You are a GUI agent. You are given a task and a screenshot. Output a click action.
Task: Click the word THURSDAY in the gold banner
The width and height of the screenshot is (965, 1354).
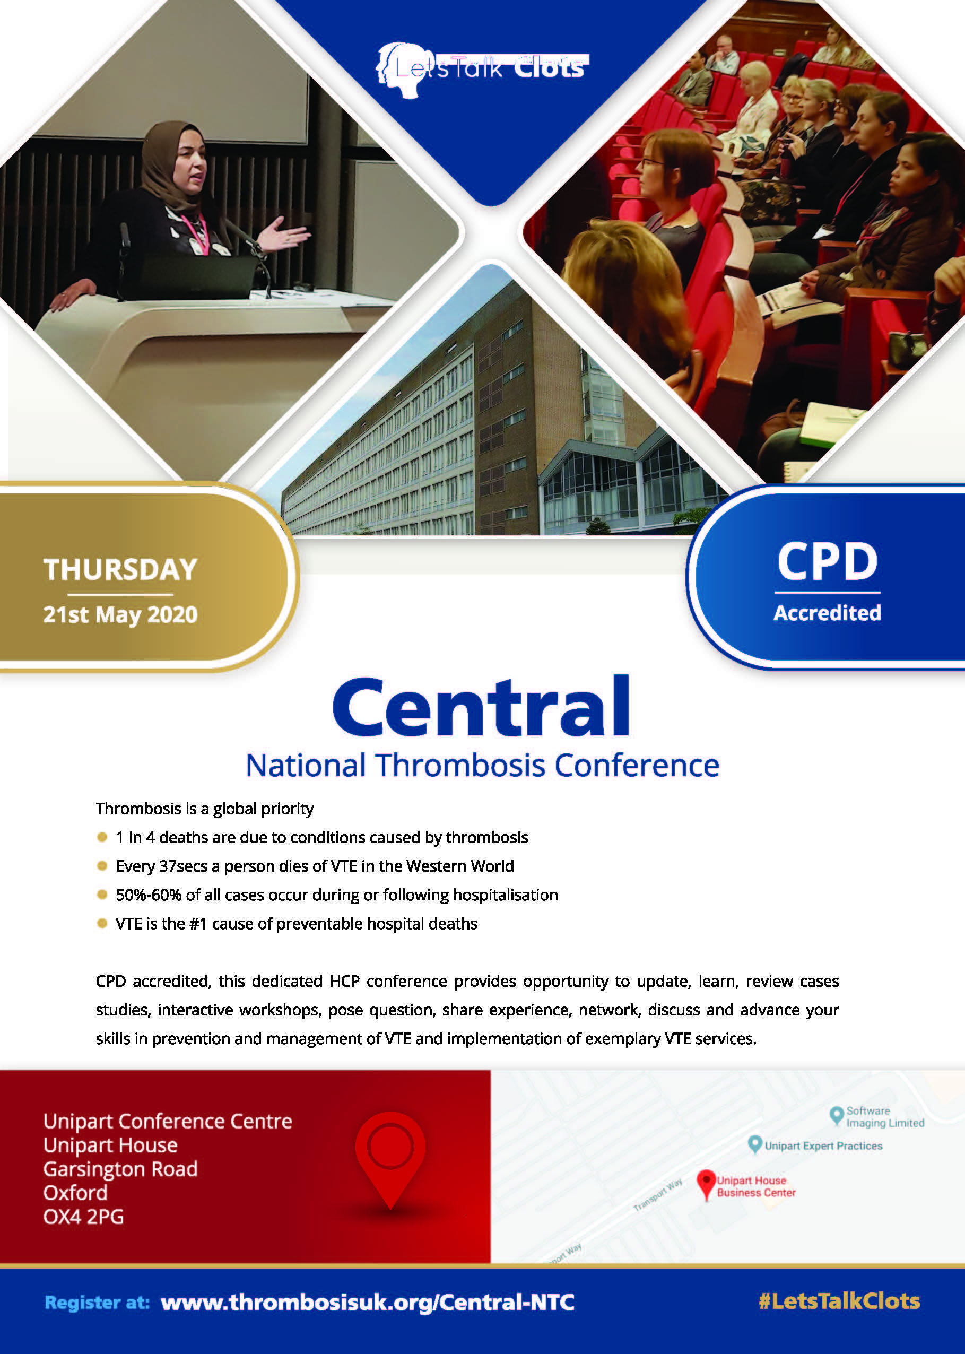click(120, 569)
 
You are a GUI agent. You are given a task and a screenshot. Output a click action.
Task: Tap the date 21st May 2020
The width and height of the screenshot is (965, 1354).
click(120, 614)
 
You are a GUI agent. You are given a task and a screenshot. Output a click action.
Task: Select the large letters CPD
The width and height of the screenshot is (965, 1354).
click(827, 561)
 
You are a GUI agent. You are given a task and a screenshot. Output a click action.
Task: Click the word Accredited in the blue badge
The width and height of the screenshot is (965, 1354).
click(827, 613)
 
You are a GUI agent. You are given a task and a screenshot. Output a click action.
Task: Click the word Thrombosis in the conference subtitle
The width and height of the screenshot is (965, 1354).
click(460, 765)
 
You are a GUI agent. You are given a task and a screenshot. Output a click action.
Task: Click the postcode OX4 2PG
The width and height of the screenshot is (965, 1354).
click(84, 1217)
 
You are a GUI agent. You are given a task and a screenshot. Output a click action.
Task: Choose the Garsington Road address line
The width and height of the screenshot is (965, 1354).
click(120, 1169)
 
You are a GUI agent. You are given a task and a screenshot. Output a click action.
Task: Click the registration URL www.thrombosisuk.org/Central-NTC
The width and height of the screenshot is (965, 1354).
click(368, 1303)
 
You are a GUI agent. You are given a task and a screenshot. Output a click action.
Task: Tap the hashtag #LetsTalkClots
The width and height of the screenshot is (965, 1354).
click(839, 1301)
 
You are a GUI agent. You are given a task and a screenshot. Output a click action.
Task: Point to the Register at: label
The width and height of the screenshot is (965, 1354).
click(98, 1303)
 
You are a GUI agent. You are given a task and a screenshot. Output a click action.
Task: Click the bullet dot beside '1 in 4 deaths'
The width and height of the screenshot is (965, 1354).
click(102, 837)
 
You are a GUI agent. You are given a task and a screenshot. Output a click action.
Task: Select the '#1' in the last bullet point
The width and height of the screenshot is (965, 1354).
click(198, 924)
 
